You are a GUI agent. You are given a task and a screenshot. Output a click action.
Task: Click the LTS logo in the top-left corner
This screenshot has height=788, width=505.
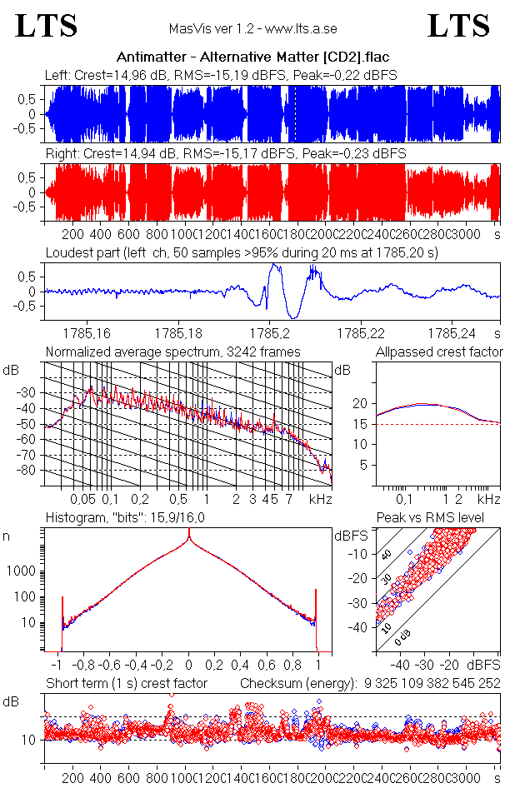[x=47, y=26]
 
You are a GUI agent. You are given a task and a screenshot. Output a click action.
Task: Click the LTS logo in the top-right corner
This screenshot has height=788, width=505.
[x=458, y=26]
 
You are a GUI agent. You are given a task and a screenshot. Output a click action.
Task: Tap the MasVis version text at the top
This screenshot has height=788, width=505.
[x=252, y=28]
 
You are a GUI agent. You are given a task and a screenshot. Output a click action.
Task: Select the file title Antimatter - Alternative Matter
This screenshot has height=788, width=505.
[x=253, y=57]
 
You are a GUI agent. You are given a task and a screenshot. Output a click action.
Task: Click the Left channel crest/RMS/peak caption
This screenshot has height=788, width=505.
[x=221, y=75]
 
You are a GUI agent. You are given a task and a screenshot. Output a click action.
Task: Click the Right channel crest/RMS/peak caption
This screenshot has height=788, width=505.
[x=225, y=154]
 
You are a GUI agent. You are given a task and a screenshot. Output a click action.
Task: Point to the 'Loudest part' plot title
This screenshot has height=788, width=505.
[x=242, y=252]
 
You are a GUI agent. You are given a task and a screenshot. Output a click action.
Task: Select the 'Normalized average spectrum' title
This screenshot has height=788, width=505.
[x=172, y=352]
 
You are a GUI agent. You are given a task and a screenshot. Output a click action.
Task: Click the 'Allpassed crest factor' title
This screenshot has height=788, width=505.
[x=439, y=352]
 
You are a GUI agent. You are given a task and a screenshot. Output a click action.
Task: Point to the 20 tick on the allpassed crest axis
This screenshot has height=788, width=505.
[x=360, y=403]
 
